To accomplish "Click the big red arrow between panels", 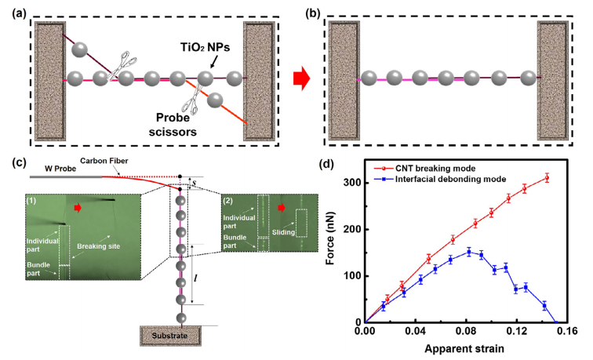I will [x=300, y=79].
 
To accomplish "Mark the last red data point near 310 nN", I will [x=546, y=178].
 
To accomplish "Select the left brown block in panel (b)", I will [x=342, y=77].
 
